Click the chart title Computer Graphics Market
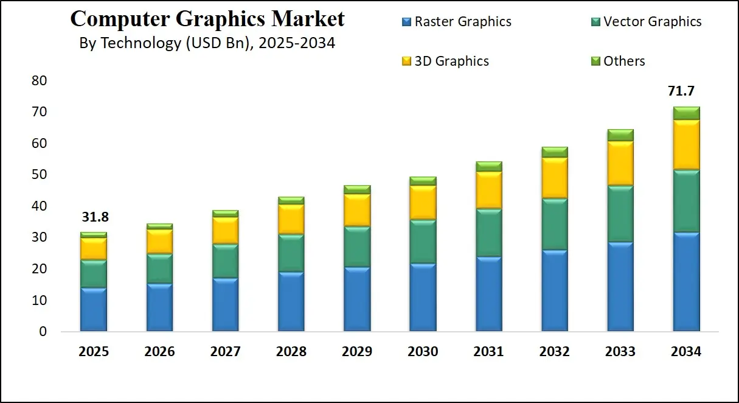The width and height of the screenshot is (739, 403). tap(207, 19)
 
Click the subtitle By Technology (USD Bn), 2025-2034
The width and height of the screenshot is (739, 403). tap(207, 44)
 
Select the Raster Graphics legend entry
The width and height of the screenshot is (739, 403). tap(463, 22)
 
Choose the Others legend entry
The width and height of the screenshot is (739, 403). tap(624, 61)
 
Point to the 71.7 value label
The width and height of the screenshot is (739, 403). tap(681, 92)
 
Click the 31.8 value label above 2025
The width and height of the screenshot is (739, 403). tap(94, 217)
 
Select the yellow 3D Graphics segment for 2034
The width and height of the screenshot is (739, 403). tap(686, 145)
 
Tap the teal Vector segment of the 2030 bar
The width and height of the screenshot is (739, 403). tap(423, 241)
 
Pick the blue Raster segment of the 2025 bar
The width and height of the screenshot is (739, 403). tap(94, 309)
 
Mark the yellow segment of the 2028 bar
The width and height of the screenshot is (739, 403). tap(291, 219)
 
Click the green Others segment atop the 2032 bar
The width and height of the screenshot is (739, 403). tap(554, 152)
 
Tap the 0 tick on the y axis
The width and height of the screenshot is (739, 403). tap(43, 332)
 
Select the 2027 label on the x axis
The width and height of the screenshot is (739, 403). tap(225, 352)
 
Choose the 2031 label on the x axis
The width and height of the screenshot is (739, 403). tap(488, 352)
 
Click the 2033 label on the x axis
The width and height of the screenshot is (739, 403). tap(620, 352)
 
